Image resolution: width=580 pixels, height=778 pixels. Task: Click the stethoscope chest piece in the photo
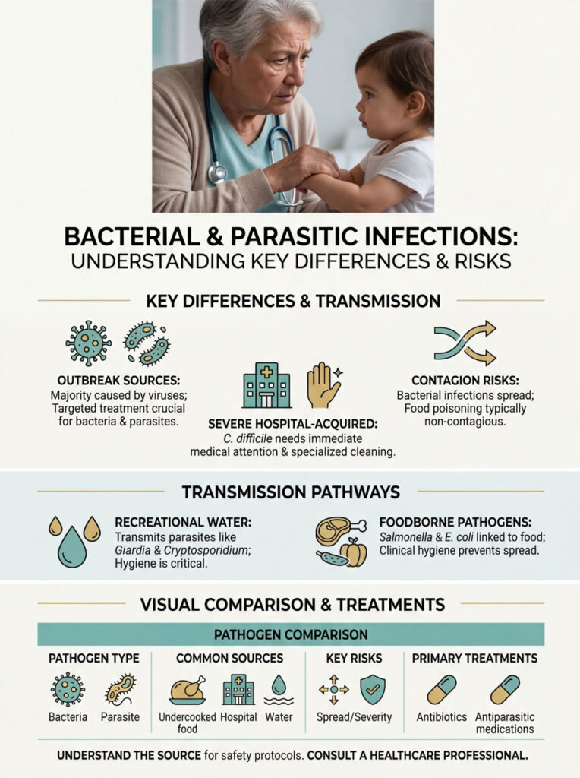coord(218,174)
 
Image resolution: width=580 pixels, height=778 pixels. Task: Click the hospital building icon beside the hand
coord(266,386)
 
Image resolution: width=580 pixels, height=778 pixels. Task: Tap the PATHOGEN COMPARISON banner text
coord(291,634)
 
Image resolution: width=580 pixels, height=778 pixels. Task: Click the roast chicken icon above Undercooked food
coord(187,690)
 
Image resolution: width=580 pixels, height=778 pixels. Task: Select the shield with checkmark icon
coord(372,690)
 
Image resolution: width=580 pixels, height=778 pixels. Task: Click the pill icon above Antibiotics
coord(441,690)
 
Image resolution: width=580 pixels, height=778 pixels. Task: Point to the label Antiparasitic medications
coord(505,723)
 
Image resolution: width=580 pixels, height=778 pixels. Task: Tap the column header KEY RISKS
coord(353,658)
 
